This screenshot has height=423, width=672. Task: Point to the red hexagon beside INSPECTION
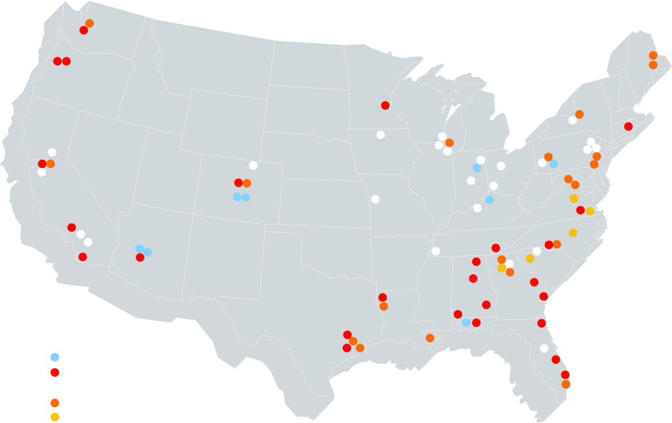pos(54,373)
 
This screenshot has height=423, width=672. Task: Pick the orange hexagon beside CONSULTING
pos(54,402)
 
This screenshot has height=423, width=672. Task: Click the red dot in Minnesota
pos(385,105)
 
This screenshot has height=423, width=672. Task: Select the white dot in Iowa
pos(381,135)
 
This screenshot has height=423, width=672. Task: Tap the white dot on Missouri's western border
pos(375,199)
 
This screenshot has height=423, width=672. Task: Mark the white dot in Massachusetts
pos(637,108)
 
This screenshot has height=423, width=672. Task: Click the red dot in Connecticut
pos(628,126)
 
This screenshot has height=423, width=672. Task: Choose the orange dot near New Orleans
pos(430,338)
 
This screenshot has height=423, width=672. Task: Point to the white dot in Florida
pos(544,348)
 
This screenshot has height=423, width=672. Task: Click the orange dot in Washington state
pos(89,24)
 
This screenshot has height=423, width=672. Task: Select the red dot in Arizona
pos(140,258)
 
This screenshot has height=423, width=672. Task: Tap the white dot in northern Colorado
pos(253,165)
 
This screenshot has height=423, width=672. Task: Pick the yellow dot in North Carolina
pos(573,233)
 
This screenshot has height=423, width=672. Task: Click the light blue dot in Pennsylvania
pos(554,163)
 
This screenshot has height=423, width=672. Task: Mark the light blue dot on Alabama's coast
pos(466,323)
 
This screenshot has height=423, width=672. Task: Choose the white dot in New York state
pos(572,120)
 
